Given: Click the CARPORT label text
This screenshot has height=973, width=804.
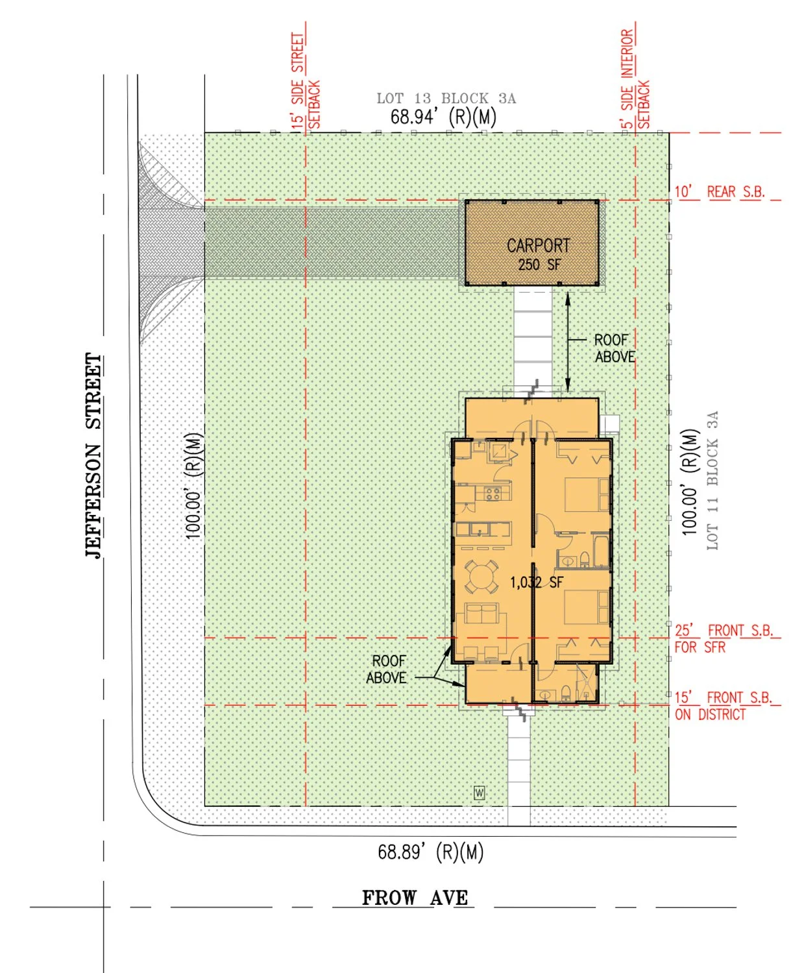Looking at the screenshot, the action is click(539, 246).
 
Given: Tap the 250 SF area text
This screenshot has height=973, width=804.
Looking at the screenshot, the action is click(539, 265).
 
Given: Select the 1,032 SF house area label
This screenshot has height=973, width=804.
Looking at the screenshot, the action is click(537, 582).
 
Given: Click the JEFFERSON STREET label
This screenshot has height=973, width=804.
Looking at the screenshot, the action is click(93, 455).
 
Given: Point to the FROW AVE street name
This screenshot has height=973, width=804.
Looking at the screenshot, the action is click(415, 898).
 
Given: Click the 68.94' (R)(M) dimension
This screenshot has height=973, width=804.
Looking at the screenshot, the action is click(443, 117).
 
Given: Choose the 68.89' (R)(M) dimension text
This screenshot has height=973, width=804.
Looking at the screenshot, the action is click(430, 852).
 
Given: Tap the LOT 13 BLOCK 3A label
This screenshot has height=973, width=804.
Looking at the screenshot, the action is click(446, 99).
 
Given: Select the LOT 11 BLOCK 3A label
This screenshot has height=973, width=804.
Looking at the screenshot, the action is click(713, 481).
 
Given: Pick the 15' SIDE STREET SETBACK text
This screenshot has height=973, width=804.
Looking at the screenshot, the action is click(306, 80).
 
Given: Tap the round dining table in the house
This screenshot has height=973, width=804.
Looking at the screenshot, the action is click(478, 577).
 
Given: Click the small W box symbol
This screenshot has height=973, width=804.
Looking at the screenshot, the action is click(479, 793).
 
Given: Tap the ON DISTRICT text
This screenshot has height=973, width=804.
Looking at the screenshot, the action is click(710, 714).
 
